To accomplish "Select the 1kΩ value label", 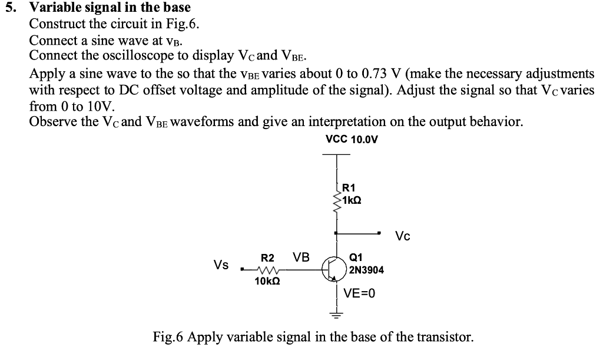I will point(351,200).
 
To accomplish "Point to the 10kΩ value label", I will point(267,282).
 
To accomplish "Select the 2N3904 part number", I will point(366,270).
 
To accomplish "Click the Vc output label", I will point(403,236).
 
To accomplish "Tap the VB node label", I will point(301,257).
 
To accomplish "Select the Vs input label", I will point(221,265).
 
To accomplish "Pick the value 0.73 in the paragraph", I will point(384,74).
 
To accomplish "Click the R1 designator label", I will point(349,189).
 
